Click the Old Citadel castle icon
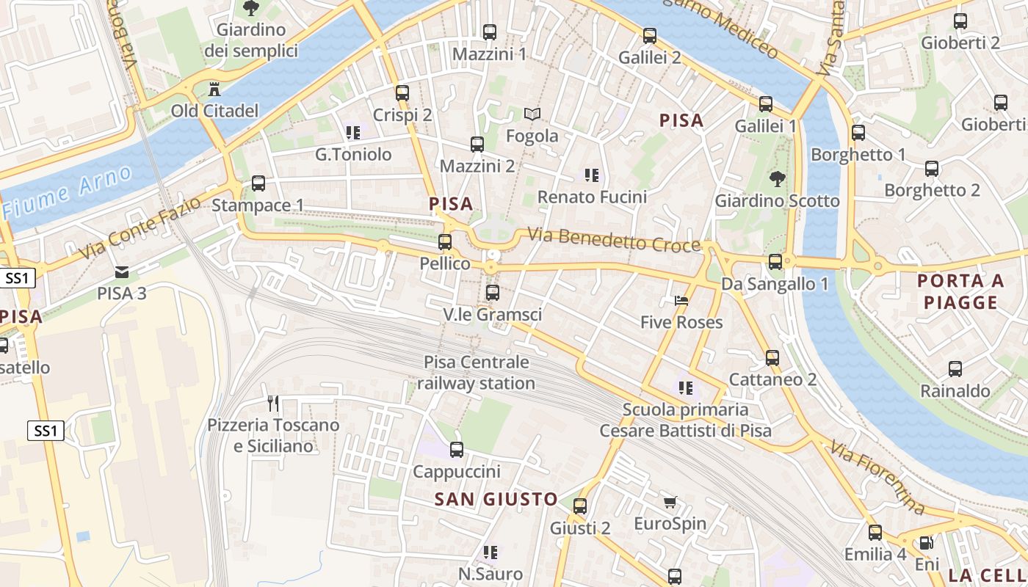click(214, 90)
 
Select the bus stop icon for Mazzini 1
click(489, 32)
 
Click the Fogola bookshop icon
click(532, 114)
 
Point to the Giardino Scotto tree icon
click(777, 178)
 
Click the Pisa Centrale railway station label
click(477, 373)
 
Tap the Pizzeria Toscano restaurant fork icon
click(273, 403)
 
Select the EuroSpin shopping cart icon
click(669, 503)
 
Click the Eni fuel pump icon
click(927, 543)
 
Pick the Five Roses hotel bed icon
click(681, 301)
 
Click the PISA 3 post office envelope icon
click(122, 272)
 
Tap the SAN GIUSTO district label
click(496, 500)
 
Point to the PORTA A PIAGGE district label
click(960, 291)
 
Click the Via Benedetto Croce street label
click(614, 241)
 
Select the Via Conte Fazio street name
click(140, 228)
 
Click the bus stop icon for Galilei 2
click(649, 35)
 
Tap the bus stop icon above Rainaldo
click(955, 369)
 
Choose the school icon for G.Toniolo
click(352, 133)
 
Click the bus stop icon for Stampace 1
click(258, 183)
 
